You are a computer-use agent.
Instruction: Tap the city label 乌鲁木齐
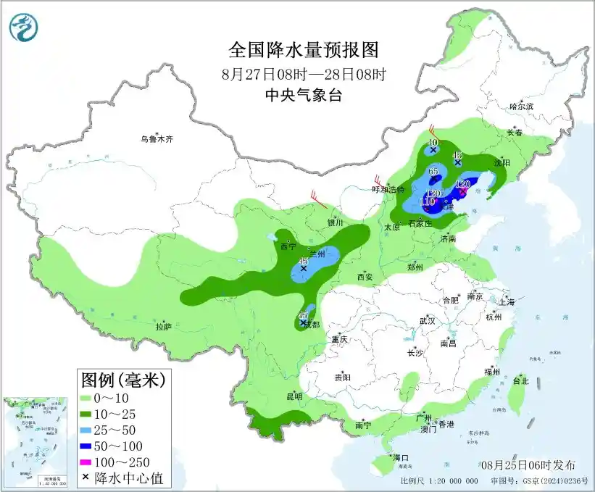(158, 138)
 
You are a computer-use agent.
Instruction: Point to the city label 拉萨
(163, 326)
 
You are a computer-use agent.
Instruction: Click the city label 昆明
(294, 396)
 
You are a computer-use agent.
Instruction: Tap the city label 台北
(520, 380)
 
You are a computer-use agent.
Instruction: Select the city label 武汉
(427, 320)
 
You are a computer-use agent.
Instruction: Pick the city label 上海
(507, 301)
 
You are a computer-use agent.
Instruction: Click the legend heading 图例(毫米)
(122, 379)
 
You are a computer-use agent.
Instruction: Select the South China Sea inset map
(37, 442)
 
